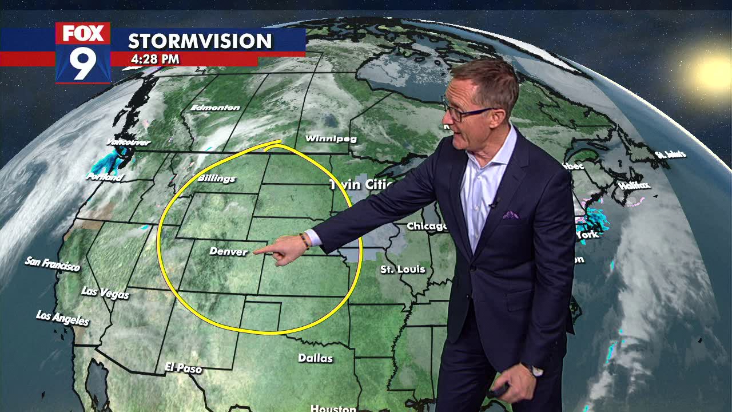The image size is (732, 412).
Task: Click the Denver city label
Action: click(229, 252)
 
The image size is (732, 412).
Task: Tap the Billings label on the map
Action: click(217, 179)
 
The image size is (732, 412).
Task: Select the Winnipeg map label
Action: click(331, 139)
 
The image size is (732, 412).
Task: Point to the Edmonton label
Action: click(215, 108)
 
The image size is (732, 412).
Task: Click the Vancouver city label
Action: click(128, 142)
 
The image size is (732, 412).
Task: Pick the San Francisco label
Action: click(52, 264)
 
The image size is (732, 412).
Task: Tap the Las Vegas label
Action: click(105, 292)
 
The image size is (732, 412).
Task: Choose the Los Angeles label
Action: click(62, 318)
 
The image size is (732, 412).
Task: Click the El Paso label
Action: click(183, 368)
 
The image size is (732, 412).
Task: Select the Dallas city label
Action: click(315, 358)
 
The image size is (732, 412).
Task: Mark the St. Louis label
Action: click(403, 269)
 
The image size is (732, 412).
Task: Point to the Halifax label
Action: click(634, 185)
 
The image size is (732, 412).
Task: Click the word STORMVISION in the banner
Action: click(200, 41)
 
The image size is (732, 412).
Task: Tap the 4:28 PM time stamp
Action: click(155, 59)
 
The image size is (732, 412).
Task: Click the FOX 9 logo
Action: click(83, 53)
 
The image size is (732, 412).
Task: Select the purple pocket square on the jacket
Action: click(511, 215)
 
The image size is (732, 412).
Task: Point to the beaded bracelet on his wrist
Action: click(305, 241)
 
